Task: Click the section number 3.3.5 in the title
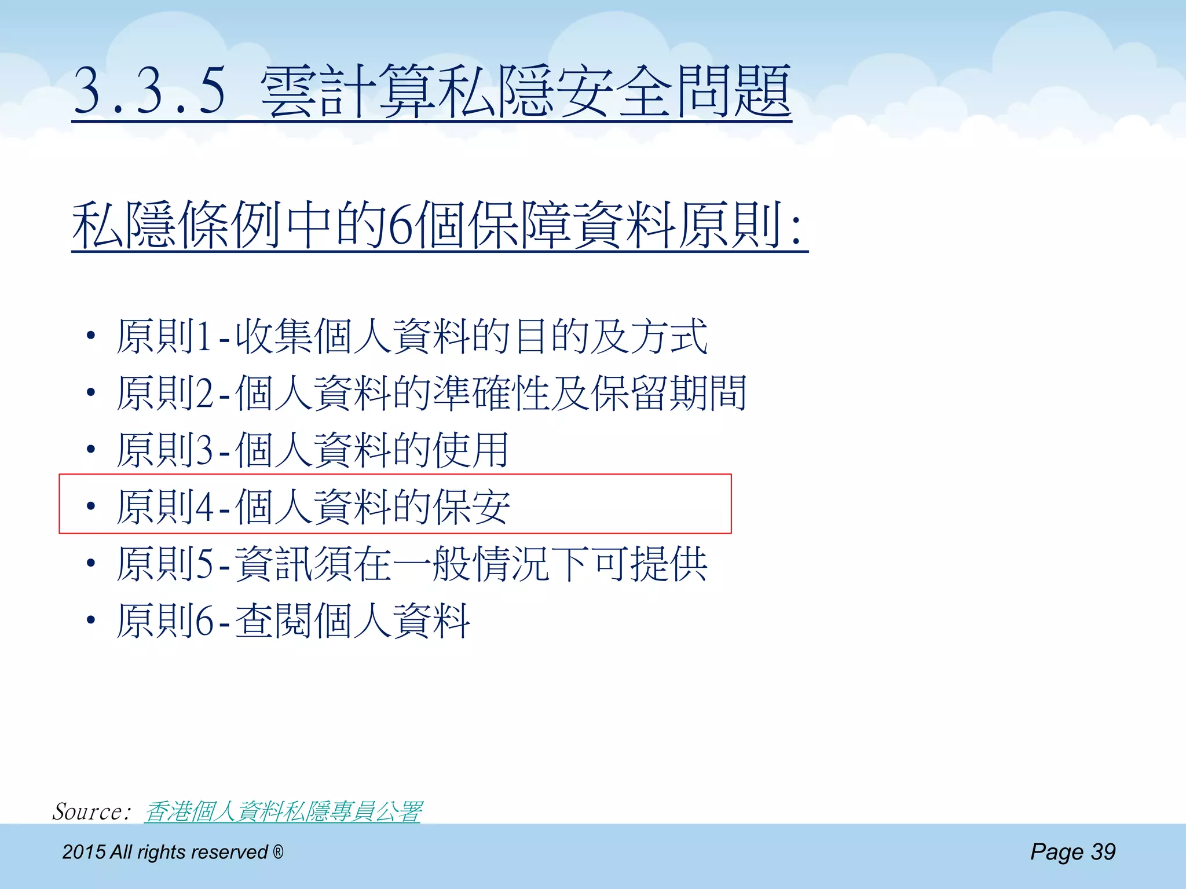[149, 91]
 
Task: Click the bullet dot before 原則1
[90, 336]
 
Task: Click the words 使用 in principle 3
[471, 450]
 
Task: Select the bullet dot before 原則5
[90, 563]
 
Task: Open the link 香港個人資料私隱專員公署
[283, 811]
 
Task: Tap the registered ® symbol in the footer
[278, 851]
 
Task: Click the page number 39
[1103, 851]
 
